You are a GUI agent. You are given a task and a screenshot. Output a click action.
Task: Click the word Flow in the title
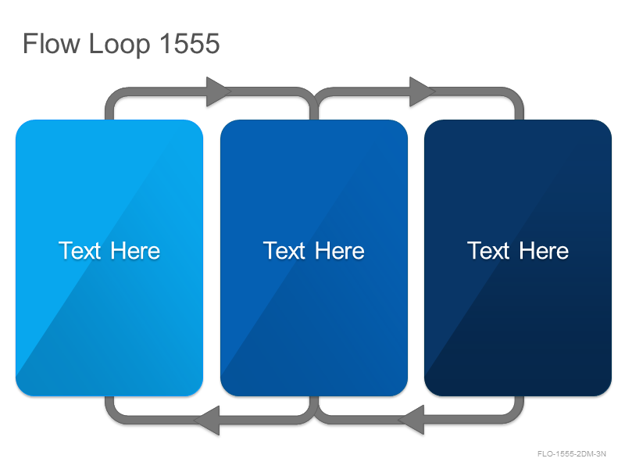click(52, 43)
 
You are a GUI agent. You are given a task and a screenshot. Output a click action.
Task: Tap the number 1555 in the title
click(190, 43)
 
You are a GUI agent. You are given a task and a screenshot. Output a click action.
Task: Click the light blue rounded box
click(109, 258)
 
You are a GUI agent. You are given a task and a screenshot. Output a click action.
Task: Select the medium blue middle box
click(314, 258)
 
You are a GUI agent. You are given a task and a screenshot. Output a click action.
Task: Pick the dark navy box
click(518, 258)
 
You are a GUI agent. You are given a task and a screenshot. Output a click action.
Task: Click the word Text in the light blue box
click(80, 250)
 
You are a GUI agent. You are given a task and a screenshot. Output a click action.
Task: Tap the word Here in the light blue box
click(135, 250)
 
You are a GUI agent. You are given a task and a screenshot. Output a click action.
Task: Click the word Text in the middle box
click(284, 250)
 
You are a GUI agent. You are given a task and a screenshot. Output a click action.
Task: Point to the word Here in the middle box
click(340, 250)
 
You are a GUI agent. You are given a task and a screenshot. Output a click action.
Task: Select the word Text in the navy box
click(488, 250)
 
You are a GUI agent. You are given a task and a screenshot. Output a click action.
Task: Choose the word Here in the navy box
click(544, 250)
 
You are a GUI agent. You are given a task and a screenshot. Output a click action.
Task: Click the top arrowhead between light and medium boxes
click(218, 91)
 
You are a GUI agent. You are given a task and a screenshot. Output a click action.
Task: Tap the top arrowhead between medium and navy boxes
click(421, 91)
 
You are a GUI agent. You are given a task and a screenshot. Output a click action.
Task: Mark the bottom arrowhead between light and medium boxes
click(207, 421)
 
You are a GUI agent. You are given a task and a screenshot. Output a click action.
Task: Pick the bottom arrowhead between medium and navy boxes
click(412, 421)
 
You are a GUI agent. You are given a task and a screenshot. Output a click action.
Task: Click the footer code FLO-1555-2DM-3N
click(572, 454)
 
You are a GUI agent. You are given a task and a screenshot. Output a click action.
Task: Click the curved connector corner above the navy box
click(516, 97)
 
